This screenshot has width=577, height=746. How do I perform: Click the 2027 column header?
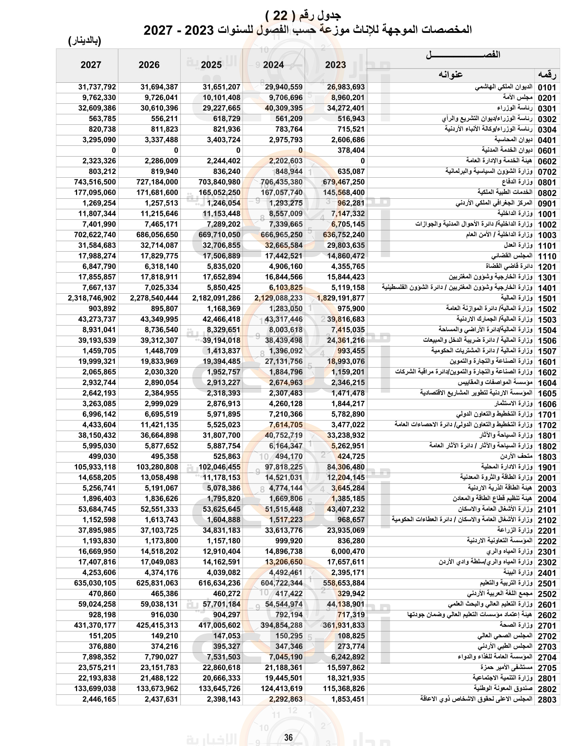point(91,65)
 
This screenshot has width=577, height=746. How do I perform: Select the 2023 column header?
point(335,65)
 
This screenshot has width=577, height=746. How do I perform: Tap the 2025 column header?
point(211,65)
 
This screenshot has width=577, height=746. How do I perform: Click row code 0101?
point(547,87)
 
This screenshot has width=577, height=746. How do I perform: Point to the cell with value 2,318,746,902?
point(92,298)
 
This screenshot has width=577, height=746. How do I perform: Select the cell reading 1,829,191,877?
point(341,298)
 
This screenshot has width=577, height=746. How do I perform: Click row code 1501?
point(547,298)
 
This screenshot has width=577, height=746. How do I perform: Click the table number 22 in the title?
point(280,15)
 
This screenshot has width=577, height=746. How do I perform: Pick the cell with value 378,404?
point(351,150)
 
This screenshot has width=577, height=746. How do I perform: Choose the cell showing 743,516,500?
point(95,182)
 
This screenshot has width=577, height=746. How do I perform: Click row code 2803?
point(547,700)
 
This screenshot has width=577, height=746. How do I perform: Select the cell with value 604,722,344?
point(281,583)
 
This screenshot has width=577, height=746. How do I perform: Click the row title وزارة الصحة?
point(516,625)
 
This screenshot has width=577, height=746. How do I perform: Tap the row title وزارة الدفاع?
point(517,182)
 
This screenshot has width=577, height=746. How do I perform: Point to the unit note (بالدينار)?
point(85,41)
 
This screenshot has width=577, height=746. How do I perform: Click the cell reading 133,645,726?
point(219,689)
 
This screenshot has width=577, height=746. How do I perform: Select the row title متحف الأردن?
point(516,456)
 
